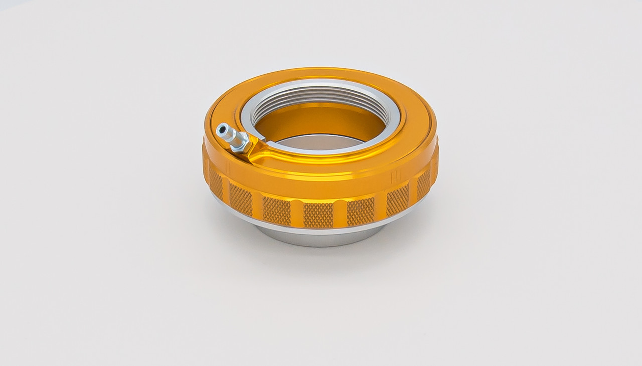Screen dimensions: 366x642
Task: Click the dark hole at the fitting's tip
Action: [x=221, y=130]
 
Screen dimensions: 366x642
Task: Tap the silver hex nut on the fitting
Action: [x=239, y=142]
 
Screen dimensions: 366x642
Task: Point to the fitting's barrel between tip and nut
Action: [x=228, y=135]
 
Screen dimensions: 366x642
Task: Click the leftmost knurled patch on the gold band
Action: [x=216, y=182]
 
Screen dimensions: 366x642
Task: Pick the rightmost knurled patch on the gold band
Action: [x=424, y=184]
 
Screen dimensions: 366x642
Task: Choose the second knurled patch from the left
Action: [x=240, y=199]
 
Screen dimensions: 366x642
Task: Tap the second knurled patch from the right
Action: [x=397, y=200]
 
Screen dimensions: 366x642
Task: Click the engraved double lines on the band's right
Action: [x=394, y=175]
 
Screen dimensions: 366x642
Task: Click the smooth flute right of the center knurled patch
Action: [x=341, y=214]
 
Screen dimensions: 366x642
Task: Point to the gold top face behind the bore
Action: [x=321, y=77]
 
